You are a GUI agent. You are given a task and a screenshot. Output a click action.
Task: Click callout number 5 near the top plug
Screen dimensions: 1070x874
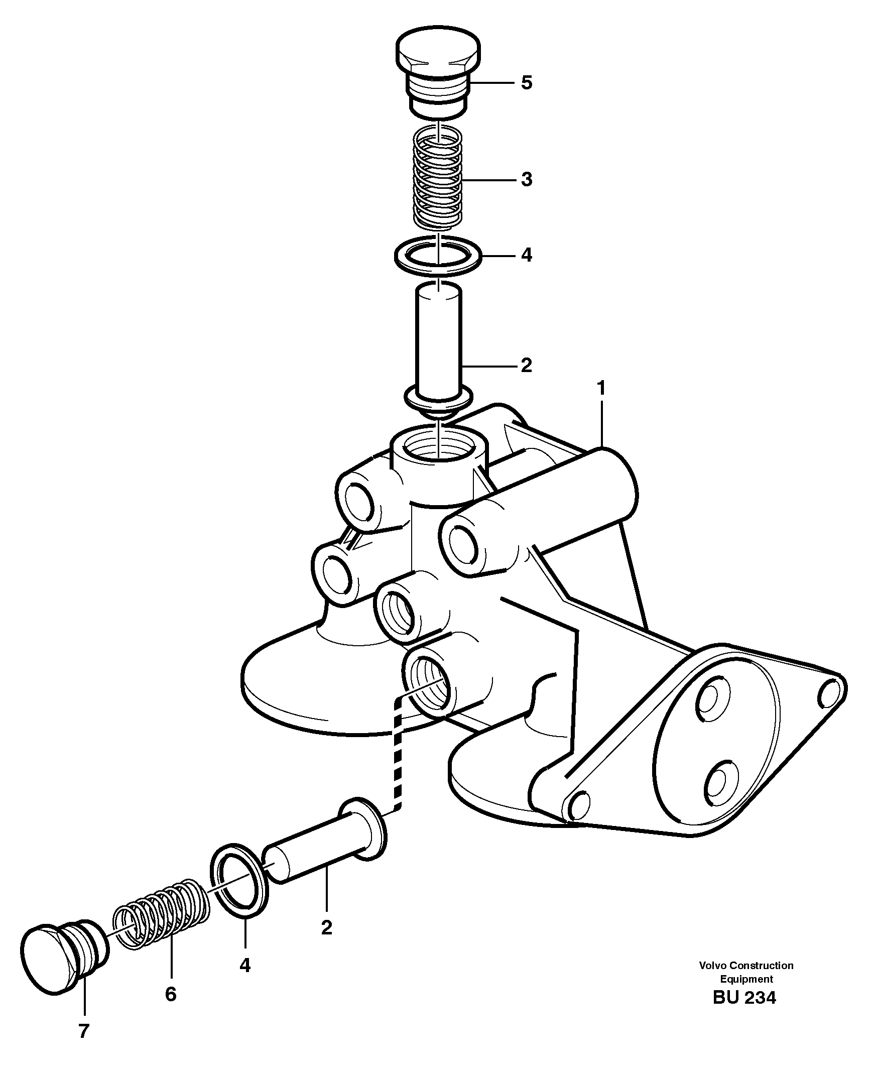526,82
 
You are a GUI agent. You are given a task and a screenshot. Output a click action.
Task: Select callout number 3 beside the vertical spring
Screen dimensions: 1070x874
526,179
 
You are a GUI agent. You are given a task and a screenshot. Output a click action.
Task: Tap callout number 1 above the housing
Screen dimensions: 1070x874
600,388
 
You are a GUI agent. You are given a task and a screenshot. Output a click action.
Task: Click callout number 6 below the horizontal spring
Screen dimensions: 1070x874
171,994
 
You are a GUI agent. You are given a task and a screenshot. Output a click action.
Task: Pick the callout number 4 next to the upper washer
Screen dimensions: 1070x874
526,255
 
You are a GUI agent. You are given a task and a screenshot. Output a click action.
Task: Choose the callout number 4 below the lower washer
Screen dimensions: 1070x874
244,965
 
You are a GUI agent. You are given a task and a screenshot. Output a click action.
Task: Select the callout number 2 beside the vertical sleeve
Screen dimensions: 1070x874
526,366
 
